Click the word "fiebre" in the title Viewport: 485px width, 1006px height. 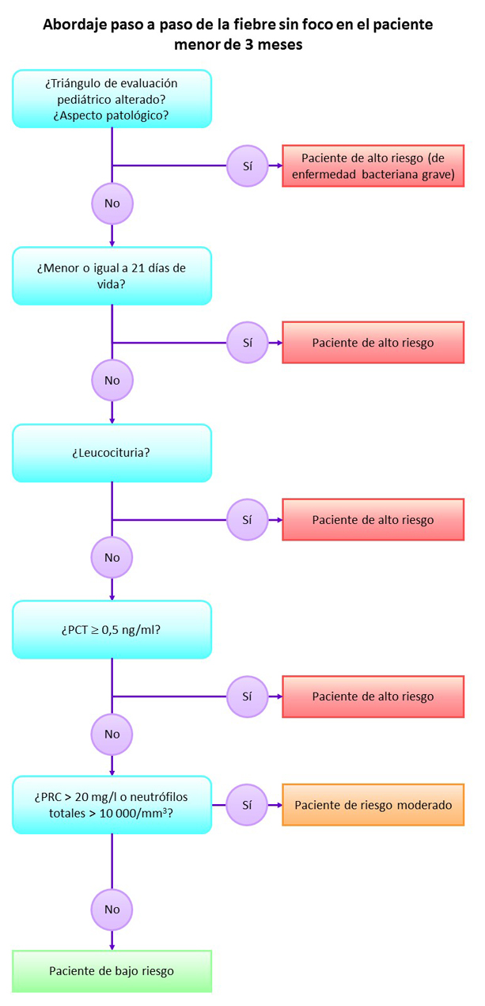[273, 25]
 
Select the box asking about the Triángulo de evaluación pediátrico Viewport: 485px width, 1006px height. [112, 98]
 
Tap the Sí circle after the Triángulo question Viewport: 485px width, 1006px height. [247, 166]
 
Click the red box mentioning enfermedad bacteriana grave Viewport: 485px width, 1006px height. [373, 166]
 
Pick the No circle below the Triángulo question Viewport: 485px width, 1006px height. [112, 203]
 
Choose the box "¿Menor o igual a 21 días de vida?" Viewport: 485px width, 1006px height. [112, 275]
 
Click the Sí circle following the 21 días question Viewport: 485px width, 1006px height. [247, 343]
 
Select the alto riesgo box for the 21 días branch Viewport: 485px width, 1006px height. [373, 343]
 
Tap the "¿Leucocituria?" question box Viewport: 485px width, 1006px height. [112, 453]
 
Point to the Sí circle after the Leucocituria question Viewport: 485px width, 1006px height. [247, 520]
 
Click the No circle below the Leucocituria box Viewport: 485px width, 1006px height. [112, 557]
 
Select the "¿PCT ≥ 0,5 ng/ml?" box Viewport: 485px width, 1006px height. [112, 629]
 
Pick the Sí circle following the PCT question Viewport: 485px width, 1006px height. [247, 697]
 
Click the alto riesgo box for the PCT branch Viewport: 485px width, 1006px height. [373, 697]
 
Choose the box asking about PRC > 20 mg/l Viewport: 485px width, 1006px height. [112, 804]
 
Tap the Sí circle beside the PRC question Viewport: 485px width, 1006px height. [247, 805]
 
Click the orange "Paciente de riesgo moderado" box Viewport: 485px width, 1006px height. [373, 805]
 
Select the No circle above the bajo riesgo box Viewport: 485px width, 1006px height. [112, 910]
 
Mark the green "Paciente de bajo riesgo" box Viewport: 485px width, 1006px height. [112, 971]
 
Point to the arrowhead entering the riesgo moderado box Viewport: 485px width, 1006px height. [278, 805]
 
